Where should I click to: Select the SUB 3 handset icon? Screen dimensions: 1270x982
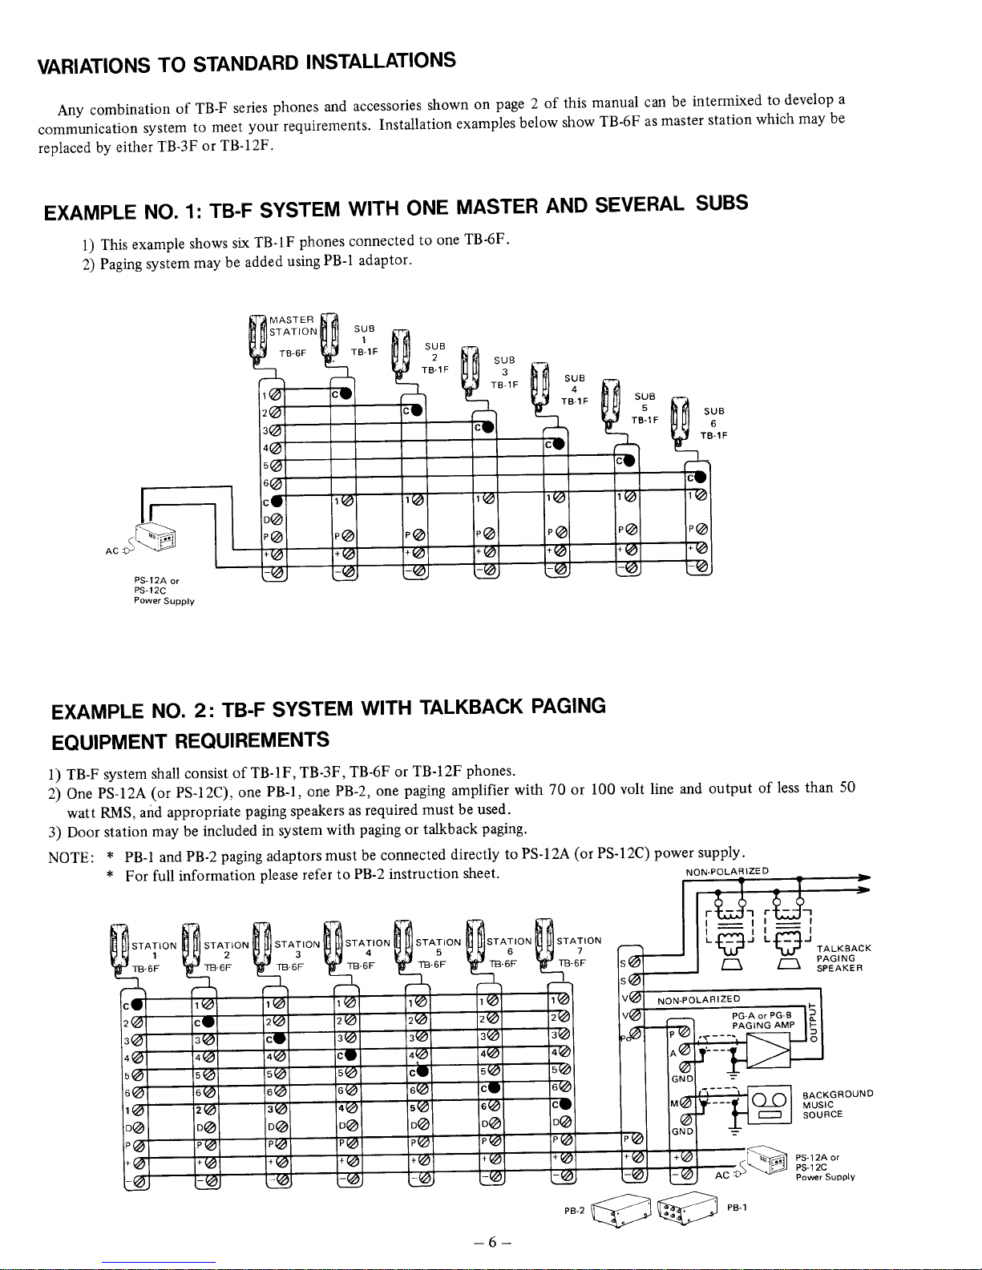(470, 369)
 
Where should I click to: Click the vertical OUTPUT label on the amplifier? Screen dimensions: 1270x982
(815, 1018)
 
